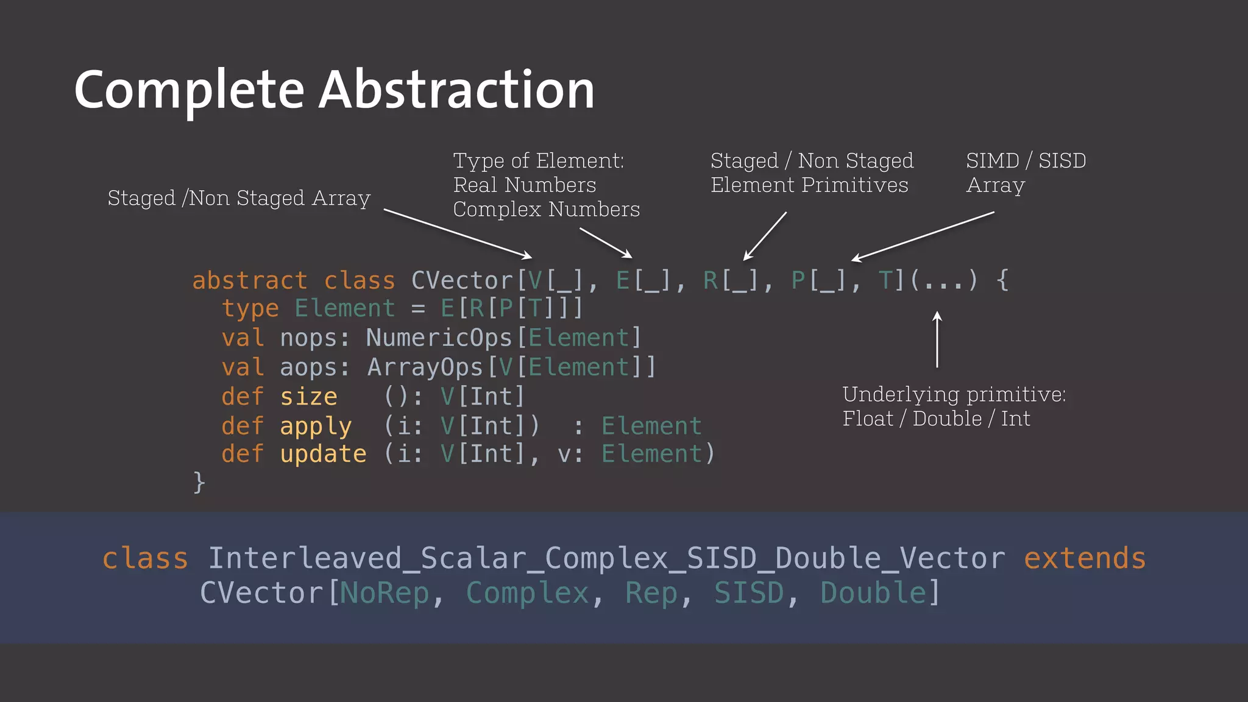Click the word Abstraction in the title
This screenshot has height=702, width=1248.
[456, 90]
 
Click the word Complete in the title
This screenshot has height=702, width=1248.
[189, 90]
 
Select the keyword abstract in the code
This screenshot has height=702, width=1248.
[249, 281]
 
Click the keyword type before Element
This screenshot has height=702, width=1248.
[250, 309]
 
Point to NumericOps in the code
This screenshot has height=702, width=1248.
[439, 338]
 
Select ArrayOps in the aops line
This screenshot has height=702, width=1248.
[425, 367]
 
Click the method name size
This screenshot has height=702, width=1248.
[308, 397]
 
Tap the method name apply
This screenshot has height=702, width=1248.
[316, 427]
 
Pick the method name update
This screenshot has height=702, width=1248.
[323, 455]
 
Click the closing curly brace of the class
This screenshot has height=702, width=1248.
[199, 483]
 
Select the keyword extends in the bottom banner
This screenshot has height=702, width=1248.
[1085, 559]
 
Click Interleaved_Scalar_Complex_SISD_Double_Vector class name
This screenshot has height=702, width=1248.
[607, 559]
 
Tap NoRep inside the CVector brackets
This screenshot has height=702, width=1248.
[385, 593]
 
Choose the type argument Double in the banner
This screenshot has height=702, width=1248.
[873, 593]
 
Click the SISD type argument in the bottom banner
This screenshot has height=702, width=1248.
[749, 593]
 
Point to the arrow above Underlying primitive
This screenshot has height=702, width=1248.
[937, 339]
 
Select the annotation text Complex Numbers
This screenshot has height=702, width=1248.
[546, 210]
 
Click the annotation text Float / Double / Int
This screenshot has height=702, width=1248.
[936, 419]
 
